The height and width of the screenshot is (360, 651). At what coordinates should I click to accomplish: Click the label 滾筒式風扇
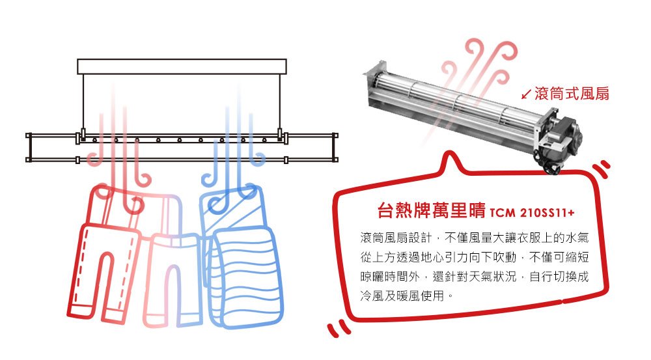pyautogui.click(x=572, y=94)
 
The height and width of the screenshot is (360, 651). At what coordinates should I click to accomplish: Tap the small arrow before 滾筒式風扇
pyautogui.click(x=527, y=94)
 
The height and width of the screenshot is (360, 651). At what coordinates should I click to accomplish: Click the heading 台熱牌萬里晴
pyautogui.click(x=431, y=210)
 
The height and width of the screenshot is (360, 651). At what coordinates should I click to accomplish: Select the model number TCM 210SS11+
pyautogui.click(x=532, y=213)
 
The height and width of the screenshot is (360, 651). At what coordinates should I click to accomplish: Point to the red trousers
pyautogui.click(x=104, y=253)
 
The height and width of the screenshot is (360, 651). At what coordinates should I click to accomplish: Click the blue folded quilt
pyautogui.click(x=242, y=257)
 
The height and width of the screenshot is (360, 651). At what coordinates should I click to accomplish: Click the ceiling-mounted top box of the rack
pyautogui.click(x=182, y=66)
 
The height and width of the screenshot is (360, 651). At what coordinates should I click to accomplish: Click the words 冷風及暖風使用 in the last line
pyautogui.click(x=402, y=296)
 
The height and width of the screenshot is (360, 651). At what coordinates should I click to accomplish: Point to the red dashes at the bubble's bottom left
pyautogui.click(x=339, y=328)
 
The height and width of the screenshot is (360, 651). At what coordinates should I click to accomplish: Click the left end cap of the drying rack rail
pyautogui.click(x=29, y=148)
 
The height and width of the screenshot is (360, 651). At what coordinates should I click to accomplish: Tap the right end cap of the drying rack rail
pyautogui.click(x=335, y=148)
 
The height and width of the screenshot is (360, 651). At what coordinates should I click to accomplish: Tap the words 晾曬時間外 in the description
pyautogui.click(x=390, y=277)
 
